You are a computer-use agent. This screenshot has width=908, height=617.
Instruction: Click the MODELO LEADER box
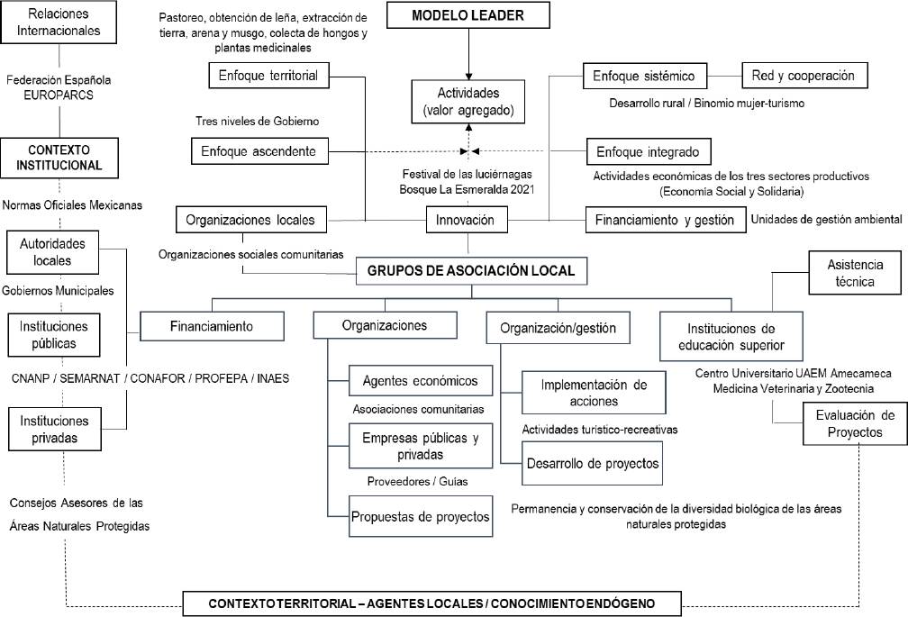pyautogui.click(x=468, y=16)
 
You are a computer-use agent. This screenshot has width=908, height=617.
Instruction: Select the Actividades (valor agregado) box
pyautogui.click(x=468, y=101)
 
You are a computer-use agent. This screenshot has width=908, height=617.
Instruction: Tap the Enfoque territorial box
pyautogui.click(x=268, y=76)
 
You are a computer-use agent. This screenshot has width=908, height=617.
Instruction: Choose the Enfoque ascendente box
pyautogui.click(x=259, y=150)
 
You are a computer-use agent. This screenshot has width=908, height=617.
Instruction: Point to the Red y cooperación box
pyautogui.click(x=804, y=76)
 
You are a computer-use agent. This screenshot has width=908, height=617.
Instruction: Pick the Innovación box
pyautogui.click(x=467, y=219)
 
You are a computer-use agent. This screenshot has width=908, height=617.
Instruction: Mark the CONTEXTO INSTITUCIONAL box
pyautogui.click(x=59, y=156)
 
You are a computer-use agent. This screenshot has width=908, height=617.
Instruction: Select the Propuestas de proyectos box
pyautogui.click(x=421, y=516)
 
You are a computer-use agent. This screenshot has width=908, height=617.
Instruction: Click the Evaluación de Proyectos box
pyautogui.click(x=855, y=423)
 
